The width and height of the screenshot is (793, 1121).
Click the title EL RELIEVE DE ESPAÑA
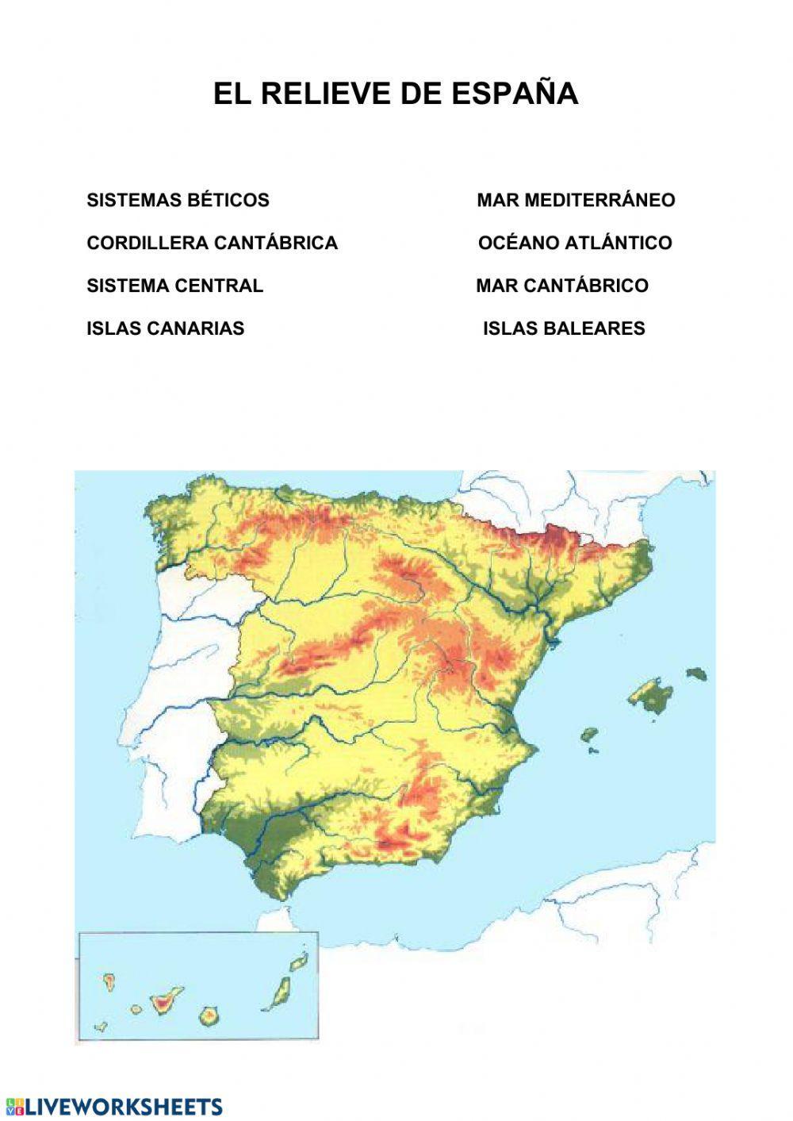(x=395, y=94)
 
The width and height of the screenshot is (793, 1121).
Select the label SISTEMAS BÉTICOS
(x=178, y=200)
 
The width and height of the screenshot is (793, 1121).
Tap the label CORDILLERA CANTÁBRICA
(x=212, y=243)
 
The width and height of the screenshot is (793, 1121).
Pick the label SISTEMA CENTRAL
(x=174, y=286)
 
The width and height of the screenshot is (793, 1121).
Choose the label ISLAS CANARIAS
(x=165, y=328)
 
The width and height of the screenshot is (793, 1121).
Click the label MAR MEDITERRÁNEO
(x=576, y=200)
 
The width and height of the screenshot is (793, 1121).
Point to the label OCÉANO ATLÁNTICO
(x=575, y=243)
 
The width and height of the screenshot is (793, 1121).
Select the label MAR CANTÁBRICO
(x=562, y=286)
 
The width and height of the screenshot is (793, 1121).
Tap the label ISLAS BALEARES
(x=564, y=328)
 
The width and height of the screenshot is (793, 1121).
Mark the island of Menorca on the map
(x=696, y=674)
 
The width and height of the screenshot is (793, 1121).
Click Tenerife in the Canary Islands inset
(x=163, y=997)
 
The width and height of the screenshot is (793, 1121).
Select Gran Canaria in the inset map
(x=209, y=1015)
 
